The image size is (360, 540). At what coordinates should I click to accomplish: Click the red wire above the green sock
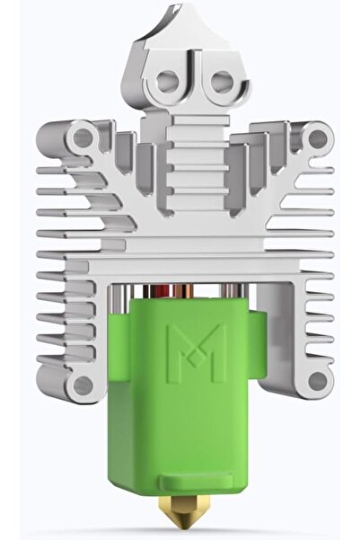180,290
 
